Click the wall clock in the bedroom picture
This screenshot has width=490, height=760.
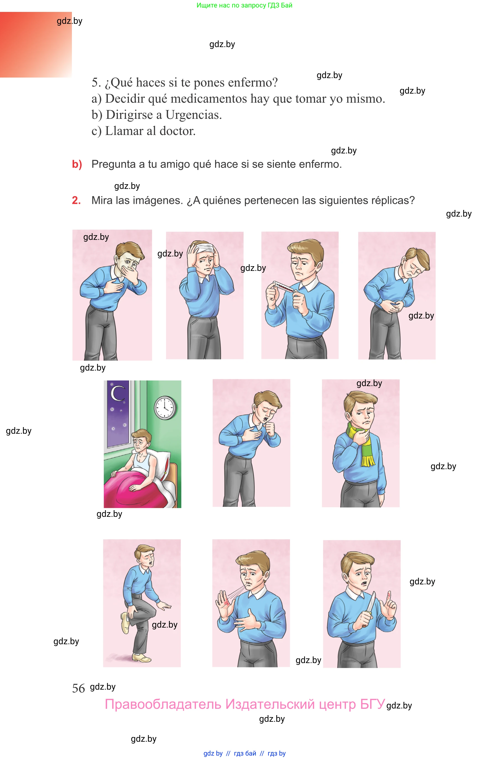click(x=165, y=408)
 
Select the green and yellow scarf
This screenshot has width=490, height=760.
click(x=362, y=443)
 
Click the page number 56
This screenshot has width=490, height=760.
click(x=78, y=688)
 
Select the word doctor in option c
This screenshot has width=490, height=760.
click(x=177, y=131)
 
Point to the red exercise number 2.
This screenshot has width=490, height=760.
click(x=76, y=200)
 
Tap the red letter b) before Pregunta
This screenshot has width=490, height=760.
click(x=77, y=164)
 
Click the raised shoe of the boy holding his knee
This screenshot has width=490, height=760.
click(x=125, y=623)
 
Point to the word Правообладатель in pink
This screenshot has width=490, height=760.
click(x=163, y=704)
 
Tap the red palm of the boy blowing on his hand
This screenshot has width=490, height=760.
click(x=225, y=603)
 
